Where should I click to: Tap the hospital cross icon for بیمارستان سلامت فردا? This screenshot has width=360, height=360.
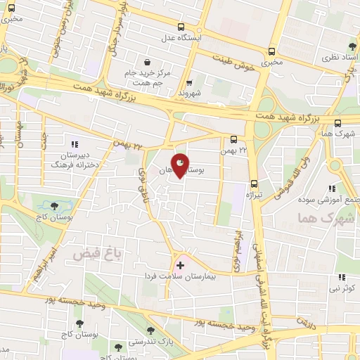click(x=181, y=266)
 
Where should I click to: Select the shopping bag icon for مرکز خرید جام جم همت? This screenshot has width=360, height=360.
click(x=147, y=61)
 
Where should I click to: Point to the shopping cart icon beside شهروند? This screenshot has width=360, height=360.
click(x=188, y=83)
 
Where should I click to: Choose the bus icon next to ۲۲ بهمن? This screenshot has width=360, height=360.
click(x=234, y=140)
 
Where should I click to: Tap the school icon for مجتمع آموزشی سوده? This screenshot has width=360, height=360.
click(x=332, y=188)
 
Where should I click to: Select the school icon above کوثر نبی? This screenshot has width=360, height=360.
click(x=342, y=278)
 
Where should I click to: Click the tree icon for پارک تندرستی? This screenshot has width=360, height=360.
click(x=150, y=330)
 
